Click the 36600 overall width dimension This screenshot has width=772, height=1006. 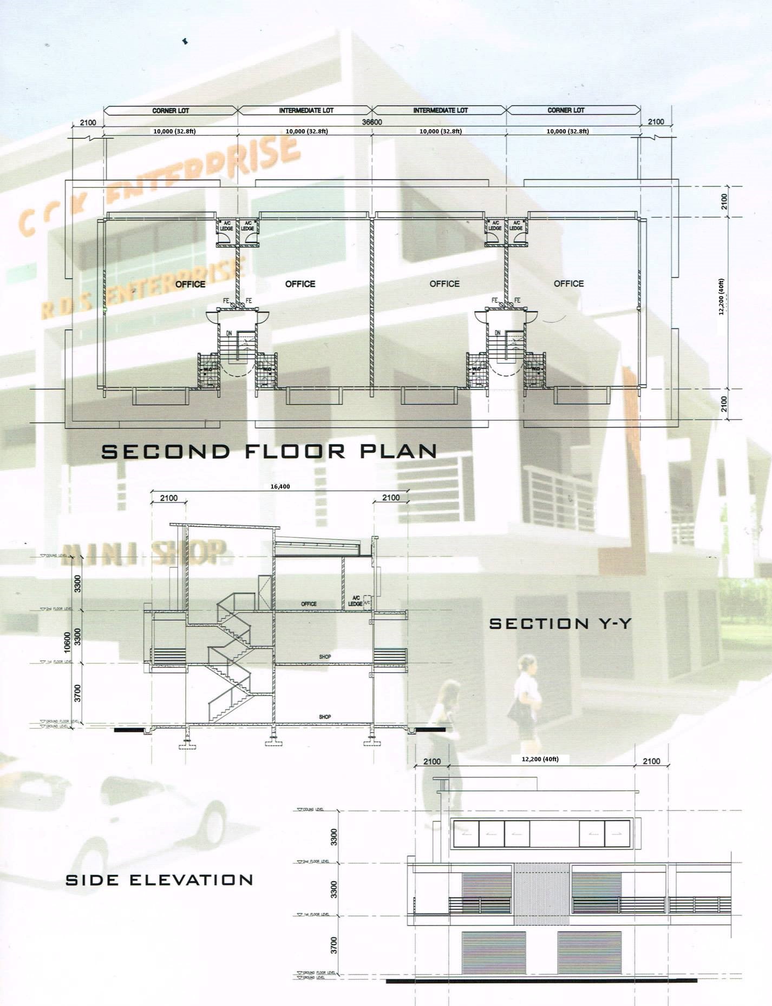click(x=372, y=122)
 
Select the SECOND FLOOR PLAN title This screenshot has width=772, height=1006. click(x=269, y=452)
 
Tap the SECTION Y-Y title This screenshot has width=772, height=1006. click(x=560, y=624)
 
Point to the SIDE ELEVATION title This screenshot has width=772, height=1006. click(x=159, y=880)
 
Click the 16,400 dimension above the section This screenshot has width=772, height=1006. click(x=280, y=486)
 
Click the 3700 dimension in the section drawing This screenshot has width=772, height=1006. click(x=77, y=693)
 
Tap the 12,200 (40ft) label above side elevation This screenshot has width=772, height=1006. click(x=540, y=759)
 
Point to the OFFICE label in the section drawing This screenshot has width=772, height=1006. click(x=309, y=604)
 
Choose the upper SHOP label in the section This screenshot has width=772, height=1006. click(x=325, y=657)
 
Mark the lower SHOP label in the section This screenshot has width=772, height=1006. click(x=325, y=717)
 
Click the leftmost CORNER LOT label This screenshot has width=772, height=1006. click(x=171, y=110)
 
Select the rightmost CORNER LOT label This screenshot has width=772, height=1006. click(x=566, y=110)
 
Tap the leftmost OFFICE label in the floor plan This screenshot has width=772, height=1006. click(x=190, y=284)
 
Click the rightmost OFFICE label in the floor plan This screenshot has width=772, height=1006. click(x=568, y=283)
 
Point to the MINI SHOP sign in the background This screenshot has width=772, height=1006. click(x=144, y=553)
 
